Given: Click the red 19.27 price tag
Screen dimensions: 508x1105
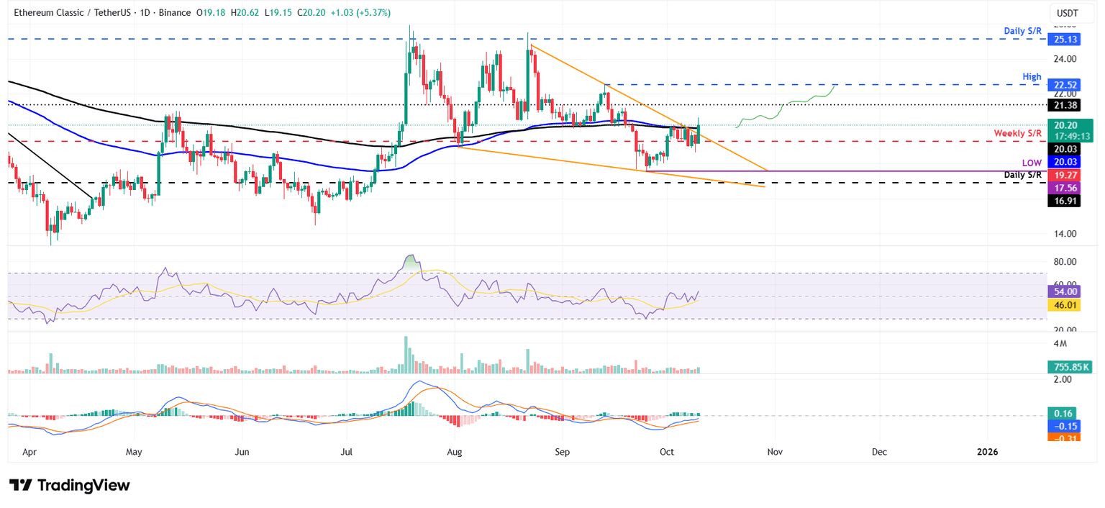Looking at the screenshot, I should [1061, 174].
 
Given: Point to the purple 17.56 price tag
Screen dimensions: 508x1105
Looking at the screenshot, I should [1061, 187].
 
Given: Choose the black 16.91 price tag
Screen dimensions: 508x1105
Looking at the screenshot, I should [1061, 201].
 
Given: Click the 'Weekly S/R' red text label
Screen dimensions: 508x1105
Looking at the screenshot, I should [1017, 134].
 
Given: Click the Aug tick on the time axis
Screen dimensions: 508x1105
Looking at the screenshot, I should [455, 451].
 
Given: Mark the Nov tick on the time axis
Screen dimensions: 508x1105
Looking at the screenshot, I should [775, 451].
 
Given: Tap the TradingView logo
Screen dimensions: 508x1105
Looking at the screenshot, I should [70, 485].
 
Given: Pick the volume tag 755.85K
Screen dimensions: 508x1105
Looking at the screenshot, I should [1068, 367].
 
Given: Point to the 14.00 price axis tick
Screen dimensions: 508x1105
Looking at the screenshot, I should [1064, 234].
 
